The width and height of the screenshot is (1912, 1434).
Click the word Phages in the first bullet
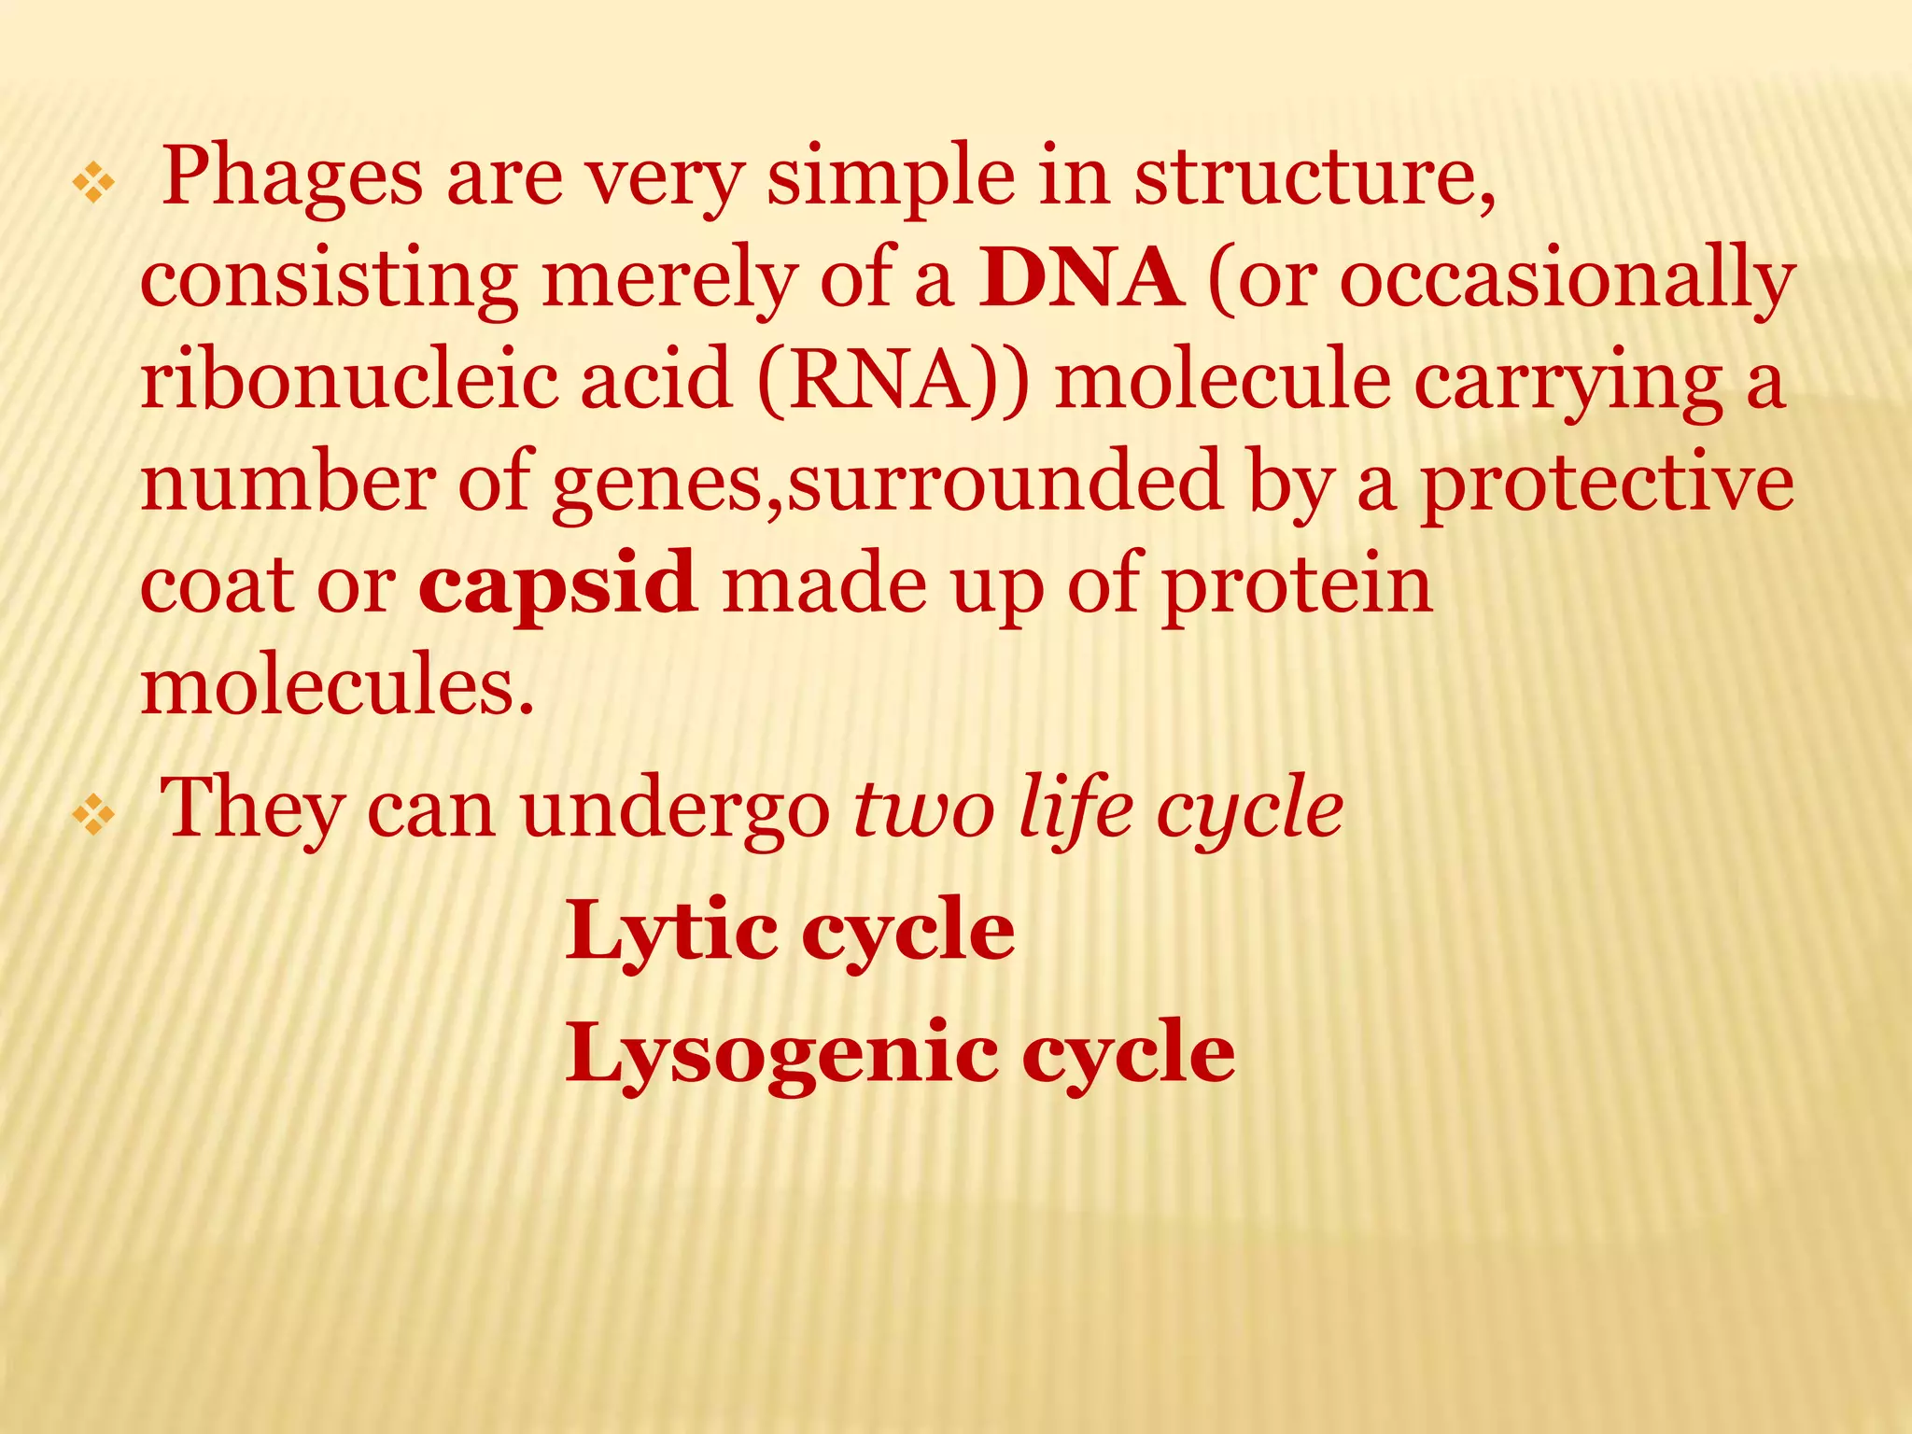coord(292,177)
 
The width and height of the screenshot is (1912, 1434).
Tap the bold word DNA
coord(1081,279)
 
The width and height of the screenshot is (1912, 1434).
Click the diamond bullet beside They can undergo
coord(93,816)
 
